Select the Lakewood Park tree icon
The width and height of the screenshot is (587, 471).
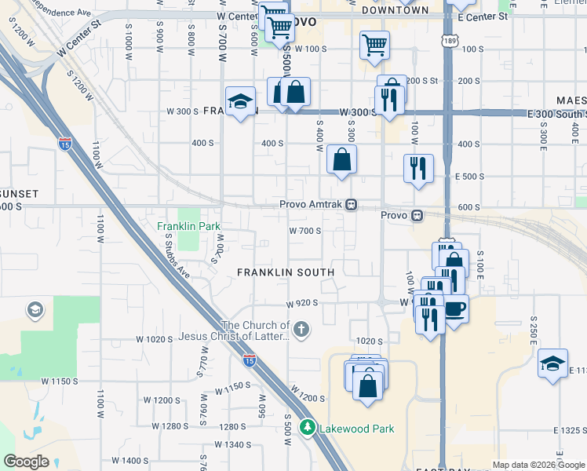(x=308, y=428)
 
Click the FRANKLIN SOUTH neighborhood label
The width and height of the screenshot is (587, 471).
(x=286, y=272)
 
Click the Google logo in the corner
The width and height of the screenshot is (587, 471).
(x=26, y=462)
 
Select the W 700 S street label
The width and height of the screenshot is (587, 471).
(x=305, y=231)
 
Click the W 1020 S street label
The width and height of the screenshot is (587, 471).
(x=154, y=339)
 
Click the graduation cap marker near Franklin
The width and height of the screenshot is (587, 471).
(x=240, y=101)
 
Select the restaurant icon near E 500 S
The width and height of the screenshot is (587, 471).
(x=418, y=168)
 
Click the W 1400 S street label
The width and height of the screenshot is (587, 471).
(x=129, y=460)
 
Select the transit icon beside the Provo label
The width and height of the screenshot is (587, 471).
(x=417, y=215)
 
